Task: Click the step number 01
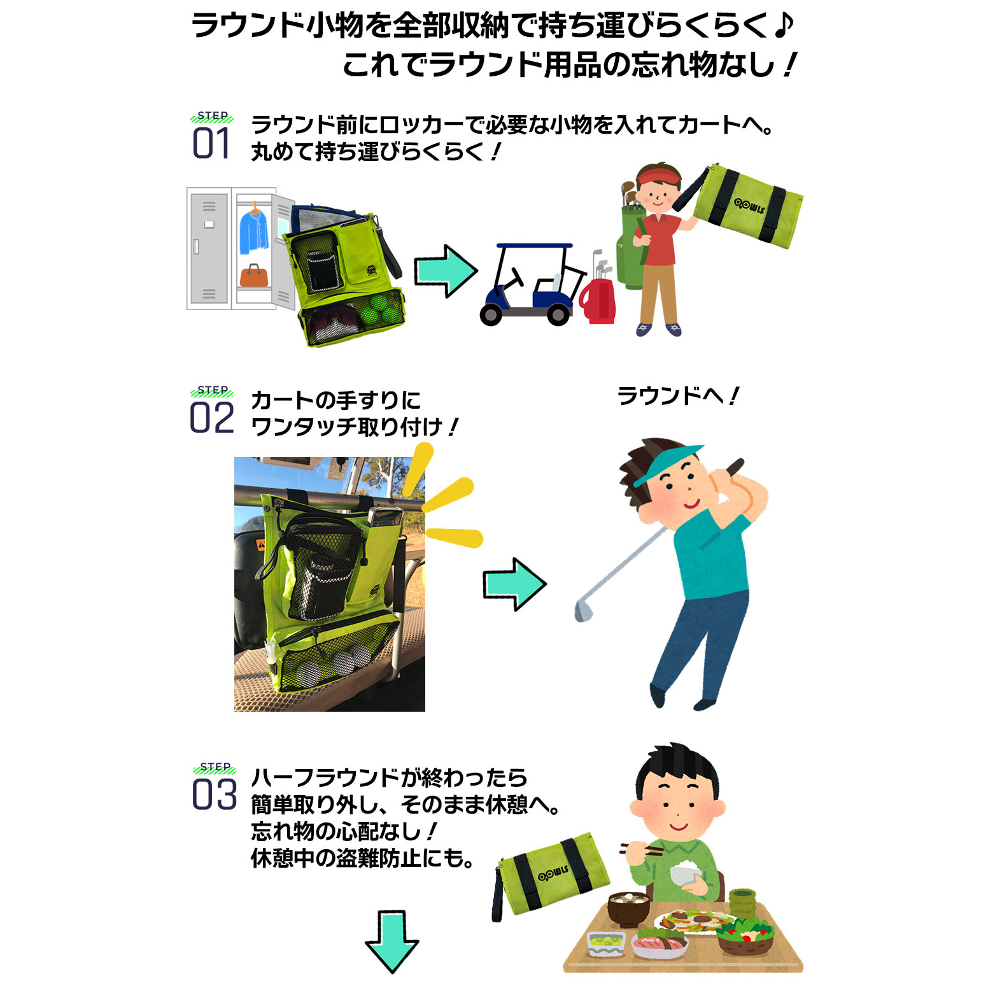pos(211,143)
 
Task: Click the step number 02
pos(212,418)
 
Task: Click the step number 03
pos(215,794)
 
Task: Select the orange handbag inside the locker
pos(254,275)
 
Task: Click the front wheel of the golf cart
pos(491,314)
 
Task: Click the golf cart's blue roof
pos(534,246)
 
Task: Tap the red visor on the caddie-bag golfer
pos(656,174)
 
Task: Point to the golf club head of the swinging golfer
pos(583,610)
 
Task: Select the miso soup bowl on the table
pos(628,908)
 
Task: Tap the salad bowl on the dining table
pos(745,935)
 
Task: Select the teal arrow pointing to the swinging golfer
pos(514,584)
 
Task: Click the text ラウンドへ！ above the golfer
pos(678,396)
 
